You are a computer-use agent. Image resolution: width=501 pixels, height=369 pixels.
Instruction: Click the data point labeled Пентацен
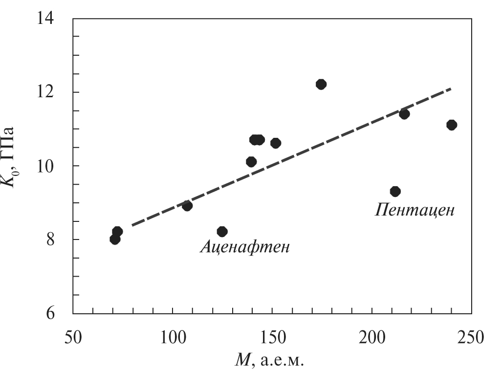pyautogui.click(x=395, y=191)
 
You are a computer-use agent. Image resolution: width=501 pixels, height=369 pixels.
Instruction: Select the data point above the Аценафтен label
pyautogui.click(x=222, y=231)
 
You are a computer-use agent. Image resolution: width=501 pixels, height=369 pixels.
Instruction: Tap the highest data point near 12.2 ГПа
pyautogui.click(x=321, y=84)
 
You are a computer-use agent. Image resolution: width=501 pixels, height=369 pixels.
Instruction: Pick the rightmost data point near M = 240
pyautogui.click(x=451, y=125)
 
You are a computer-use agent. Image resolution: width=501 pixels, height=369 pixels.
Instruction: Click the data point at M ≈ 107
pyautogui.click(x=187, y=206)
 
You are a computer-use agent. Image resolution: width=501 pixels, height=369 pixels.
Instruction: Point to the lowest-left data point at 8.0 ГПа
pyautogui.click(x=115, y=239)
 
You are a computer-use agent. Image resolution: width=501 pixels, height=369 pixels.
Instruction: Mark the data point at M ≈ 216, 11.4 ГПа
pyautogui.click(x=404, y=114)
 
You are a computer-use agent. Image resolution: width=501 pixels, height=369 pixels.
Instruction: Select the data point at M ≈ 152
pyautogui.click(x=275, y=143)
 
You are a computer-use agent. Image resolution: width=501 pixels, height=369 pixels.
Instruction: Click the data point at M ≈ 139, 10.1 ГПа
pyautogui.click(x=251, y=162)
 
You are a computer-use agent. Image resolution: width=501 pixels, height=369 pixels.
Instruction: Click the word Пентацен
pyautogui.click(x=415, y=210)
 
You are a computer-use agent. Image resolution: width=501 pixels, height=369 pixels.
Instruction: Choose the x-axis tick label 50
pyautogui.click(x=73, y=338)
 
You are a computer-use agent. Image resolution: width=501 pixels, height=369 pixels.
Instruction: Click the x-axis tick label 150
pyautogui.click(x=272, y=338)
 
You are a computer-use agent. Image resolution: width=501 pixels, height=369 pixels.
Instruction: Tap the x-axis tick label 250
pyautogui.click(x=471, y=338)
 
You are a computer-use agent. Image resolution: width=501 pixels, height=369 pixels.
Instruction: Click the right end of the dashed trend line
pyautogui.click(x=451, y=89)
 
